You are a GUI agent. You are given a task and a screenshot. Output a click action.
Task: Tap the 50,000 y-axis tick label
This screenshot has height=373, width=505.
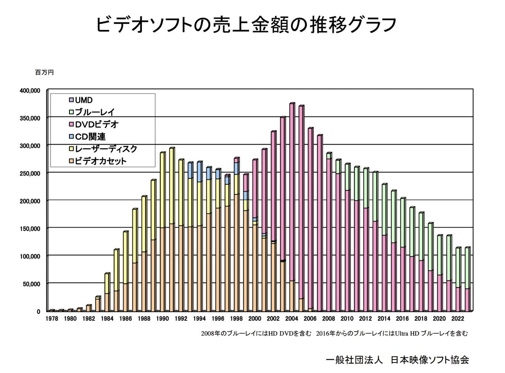(30, 284)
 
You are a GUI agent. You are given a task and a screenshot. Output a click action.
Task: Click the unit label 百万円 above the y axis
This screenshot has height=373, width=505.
(44, 72)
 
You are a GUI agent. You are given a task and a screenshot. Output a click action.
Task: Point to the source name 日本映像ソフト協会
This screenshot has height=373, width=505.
(429, 360)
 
